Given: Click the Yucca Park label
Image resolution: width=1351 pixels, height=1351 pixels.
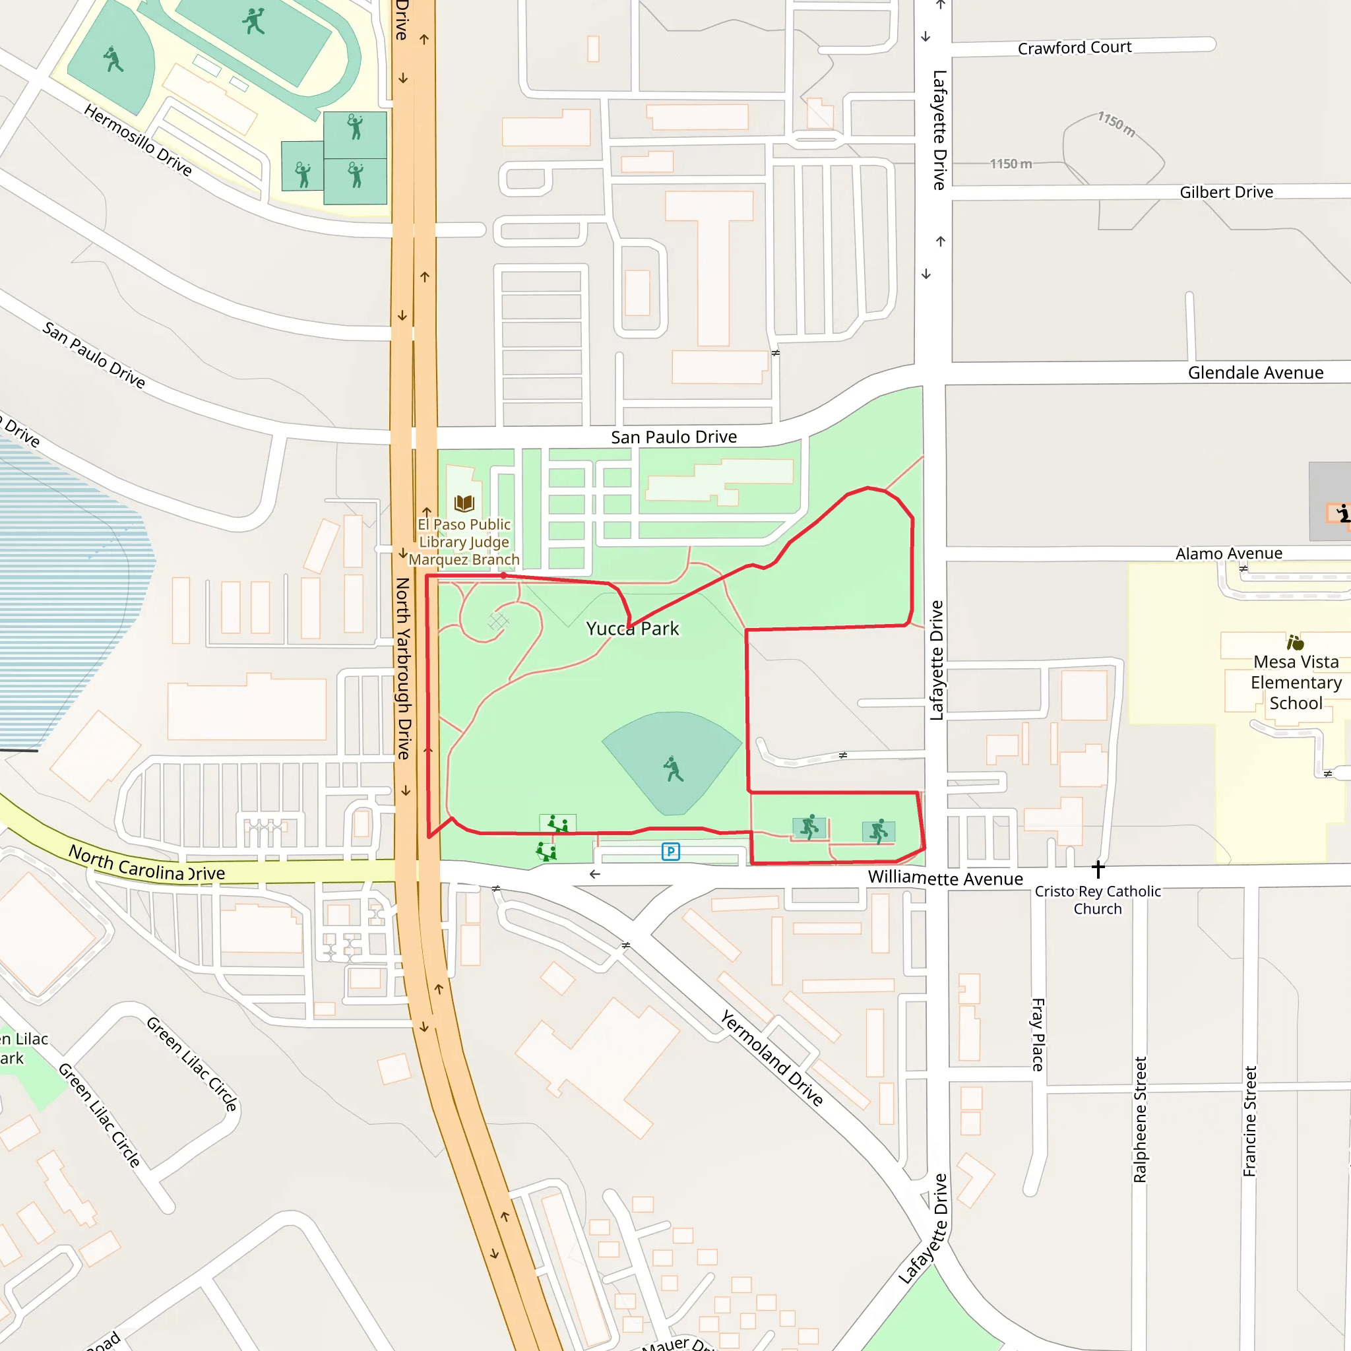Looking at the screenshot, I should pyautogui.click(x=632, y=629).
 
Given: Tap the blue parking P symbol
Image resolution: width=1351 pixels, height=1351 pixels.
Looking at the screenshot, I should pyautogui.click(x=671, y=852).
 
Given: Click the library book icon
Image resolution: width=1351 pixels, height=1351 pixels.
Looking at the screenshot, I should pyautogui.click(x=464, y=503).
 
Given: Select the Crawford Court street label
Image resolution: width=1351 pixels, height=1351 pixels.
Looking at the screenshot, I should pyautogui.click(x=1074, y=47).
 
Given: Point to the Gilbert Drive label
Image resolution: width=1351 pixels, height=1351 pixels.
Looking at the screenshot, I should pyautogui.click(x=1226, y=193).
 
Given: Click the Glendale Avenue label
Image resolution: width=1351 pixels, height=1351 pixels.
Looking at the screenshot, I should pyautogui.click(x=1255, y=373).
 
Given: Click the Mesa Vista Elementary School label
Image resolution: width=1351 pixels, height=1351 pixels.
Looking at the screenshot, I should pyautogui.click(x=1296, y=682).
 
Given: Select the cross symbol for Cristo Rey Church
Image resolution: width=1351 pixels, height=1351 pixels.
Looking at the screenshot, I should pyautogui.click(x=1098, y=869).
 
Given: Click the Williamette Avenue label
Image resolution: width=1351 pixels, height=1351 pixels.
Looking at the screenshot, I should pyautogui.click(x=945, y=878).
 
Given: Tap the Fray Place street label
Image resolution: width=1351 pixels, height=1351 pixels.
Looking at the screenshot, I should pyautogui.click(x=1038, y=1034).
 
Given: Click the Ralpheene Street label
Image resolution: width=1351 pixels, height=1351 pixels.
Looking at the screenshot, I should pyautogui.click(x=1140, y=1119).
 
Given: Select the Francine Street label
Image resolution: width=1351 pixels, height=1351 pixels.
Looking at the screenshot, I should pyautogui.click(x=1249, y=1120).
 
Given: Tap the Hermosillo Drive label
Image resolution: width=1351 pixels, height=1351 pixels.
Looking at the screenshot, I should pyautogui.click(x=138, y=140).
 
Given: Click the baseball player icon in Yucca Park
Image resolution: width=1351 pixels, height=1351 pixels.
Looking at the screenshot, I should pyautogui.click(x=673, y=769).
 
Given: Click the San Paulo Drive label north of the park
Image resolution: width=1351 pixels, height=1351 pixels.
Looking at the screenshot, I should pyautogui.click(x=674, y=437).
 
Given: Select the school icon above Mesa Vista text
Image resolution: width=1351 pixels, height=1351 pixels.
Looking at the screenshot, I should pyautogui.click(x=1295, y=642).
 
